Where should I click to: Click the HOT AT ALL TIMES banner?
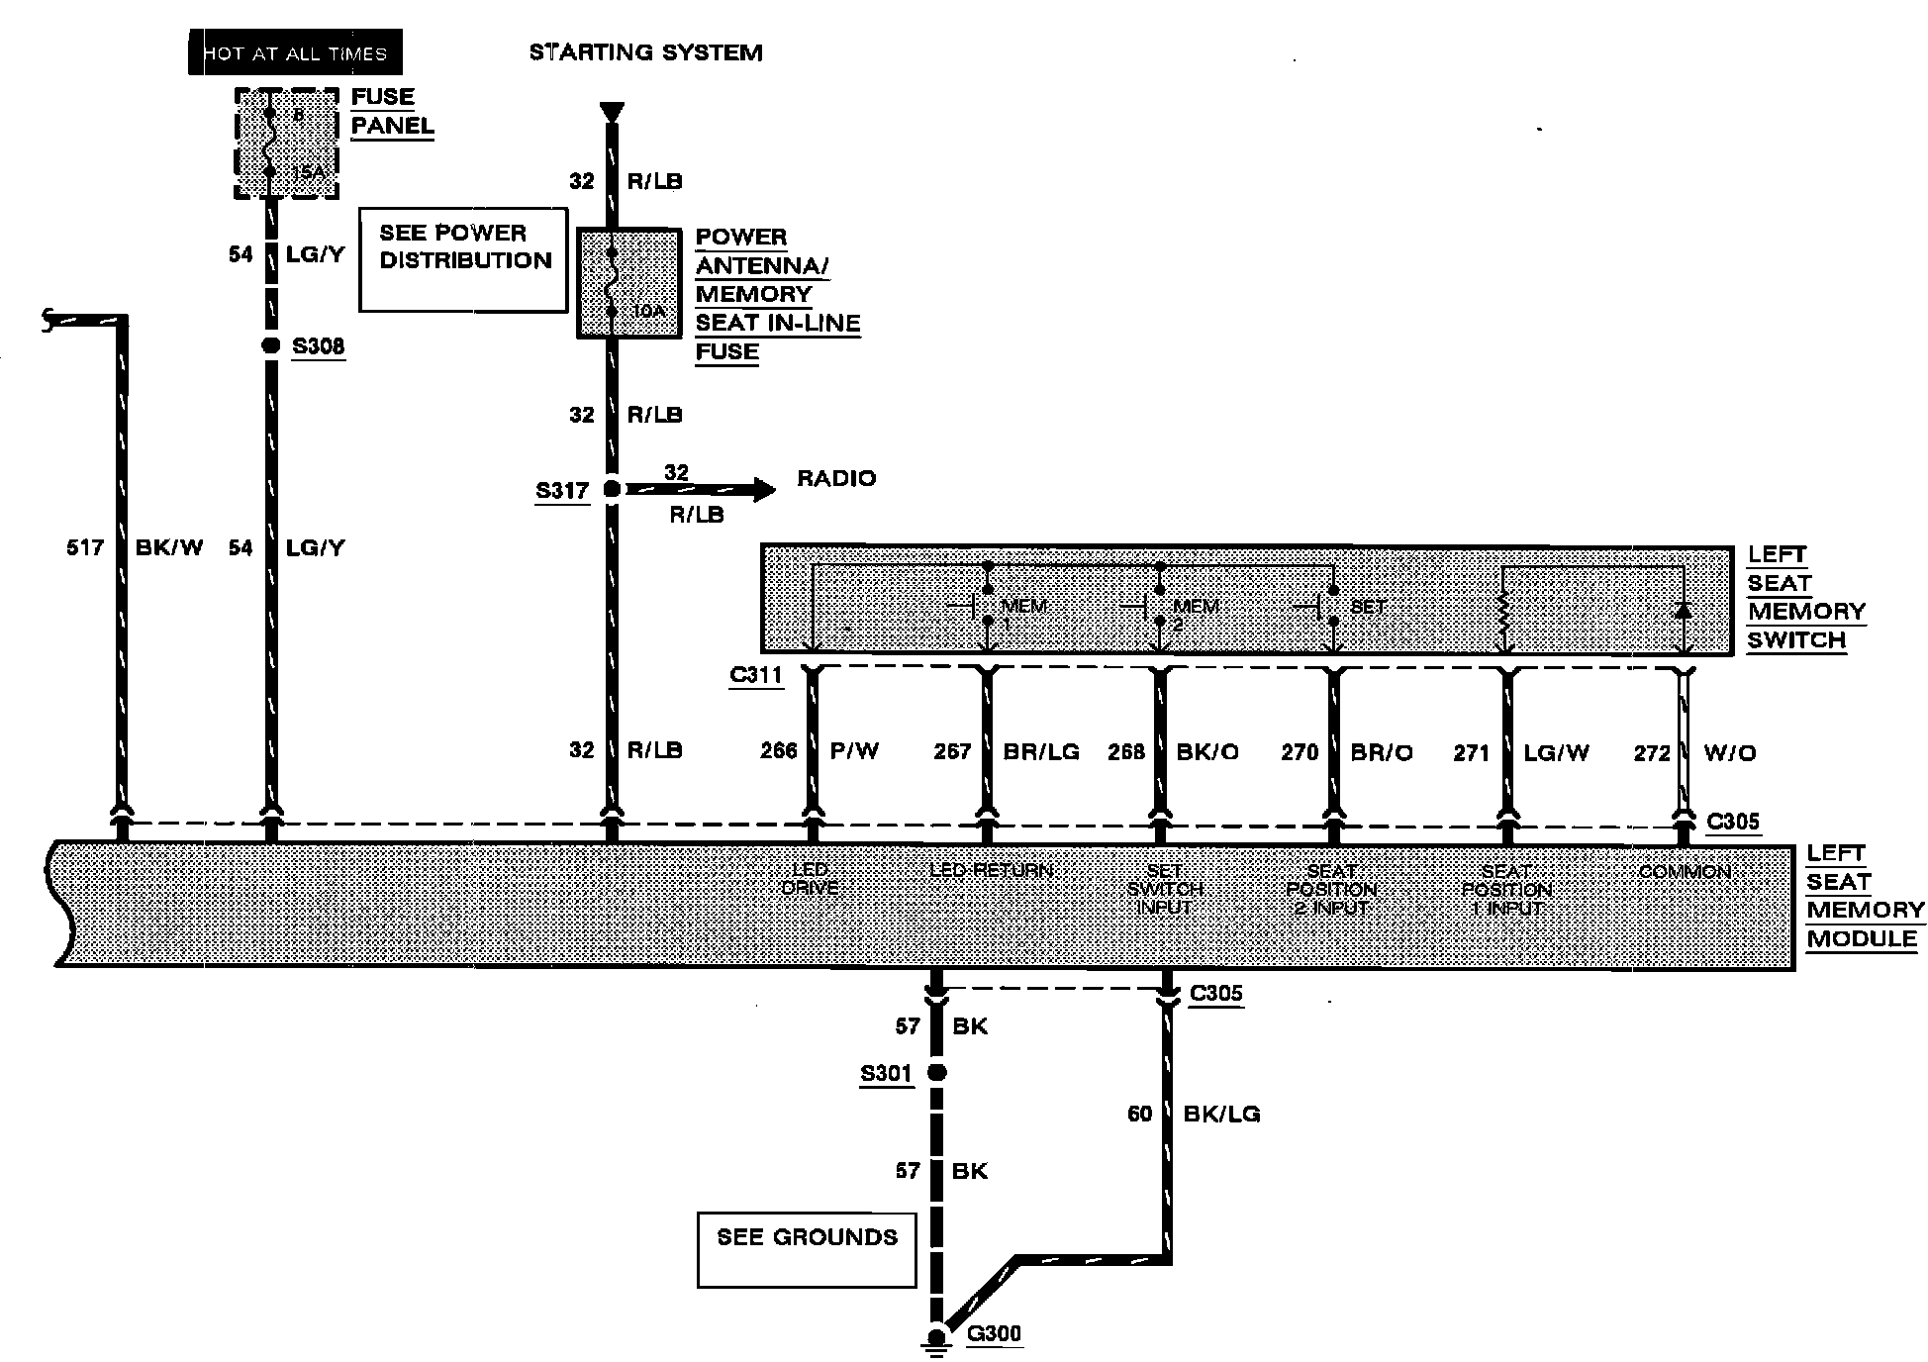295,52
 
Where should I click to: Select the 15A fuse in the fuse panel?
286,144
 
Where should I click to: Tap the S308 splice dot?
270,345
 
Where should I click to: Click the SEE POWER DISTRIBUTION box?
463,259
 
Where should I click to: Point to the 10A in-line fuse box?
628,284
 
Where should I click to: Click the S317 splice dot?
612,489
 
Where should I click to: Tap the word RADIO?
836,479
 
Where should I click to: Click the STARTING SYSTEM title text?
645,52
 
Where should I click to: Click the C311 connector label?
755,675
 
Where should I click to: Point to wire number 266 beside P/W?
778,751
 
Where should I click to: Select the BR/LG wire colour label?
1040,752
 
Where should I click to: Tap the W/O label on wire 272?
1730,753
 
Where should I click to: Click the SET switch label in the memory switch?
1368,606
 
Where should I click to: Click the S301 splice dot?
936,1072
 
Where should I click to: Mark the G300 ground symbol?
936,1338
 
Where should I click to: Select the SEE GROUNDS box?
807,1249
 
